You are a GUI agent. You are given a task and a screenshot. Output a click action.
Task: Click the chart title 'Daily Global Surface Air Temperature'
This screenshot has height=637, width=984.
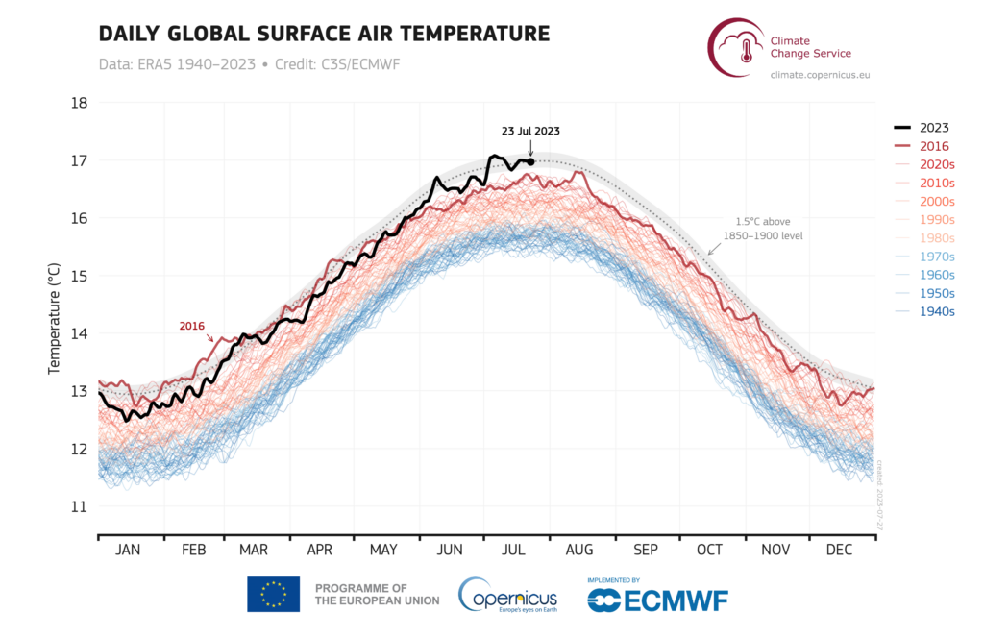pyautogui.click(x=324, y=34)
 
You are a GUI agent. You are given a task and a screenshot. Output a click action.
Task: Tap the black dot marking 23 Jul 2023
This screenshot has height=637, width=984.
pyautogui.click(x=530, y=161)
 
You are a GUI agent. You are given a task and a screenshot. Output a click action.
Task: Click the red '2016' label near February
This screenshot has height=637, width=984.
pyautogui.click(x=193, y=326)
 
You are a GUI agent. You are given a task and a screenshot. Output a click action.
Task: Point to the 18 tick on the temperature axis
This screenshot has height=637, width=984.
pyautogui.click(x=80, y=103)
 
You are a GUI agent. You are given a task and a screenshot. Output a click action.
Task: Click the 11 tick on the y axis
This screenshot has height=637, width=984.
pyautogui.click(x=80, y=506)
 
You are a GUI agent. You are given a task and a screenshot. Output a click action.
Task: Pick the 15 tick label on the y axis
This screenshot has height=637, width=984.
pyautogui.click(x=80, y=276)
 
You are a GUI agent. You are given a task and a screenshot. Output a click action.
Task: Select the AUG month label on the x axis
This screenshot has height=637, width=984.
pyautogui.click(x=578, y=550)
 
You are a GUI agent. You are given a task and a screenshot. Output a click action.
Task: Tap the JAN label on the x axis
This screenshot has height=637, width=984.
pyautogui.click(x=128, y=550)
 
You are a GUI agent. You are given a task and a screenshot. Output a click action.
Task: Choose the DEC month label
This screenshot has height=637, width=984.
pyautogui.click(x=840, y=550)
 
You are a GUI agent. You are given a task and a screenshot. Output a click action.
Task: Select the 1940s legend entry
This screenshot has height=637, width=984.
pyautogui.click(x=933, y=311)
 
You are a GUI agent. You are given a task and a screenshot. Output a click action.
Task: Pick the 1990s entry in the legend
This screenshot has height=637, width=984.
pyautogui.click(x=933, y=220)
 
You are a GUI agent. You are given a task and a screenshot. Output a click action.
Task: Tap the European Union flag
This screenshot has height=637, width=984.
pyautogui.click(x=273, y=595)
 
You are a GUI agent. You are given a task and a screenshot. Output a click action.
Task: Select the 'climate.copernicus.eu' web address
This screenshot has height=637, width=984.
pyautogui.click(x=820, y=74)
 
